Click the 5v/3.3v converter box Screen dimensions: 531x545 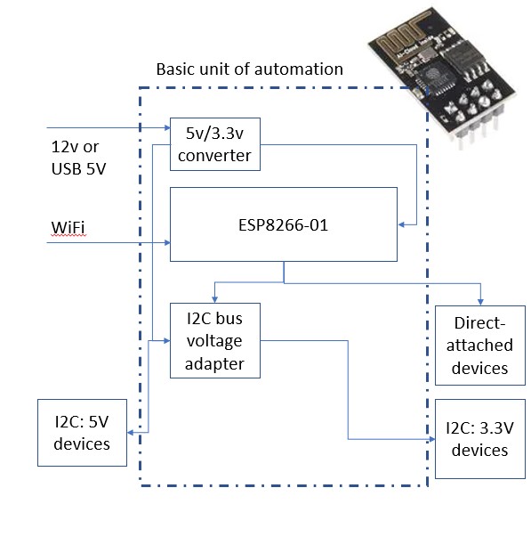215,144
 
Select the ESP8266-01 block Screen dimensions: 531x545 284,224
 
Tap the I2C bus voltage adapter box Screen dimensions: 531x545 215,340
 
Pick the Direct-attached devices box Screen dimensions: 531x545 480,346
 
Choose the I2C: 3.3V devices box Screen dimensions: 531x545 480,439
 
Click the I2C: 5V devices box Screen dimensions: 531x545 82,433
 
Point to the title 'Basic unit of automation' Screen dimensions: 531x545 250,69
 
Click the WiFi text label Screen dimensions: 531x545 68,227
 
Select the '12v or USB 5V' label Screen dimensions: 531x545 78,158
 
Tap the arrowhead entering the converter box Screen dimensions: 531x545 167,128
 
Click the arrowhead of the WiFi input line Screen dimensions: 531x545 167,242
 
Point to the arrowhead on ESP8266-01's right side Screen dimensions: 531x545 401,225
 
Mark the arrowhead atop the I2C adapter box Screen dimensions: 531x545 215,299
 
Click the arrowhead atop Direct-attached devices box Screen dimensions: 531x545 480,303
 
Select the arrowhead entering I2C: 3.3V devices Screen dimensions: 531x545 431,439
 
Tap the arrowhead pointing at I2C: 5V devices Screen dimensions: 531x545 131,433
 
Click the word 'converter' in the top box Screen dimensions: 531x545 214,155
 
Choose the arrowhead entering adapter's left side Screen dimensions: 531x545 166,341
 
